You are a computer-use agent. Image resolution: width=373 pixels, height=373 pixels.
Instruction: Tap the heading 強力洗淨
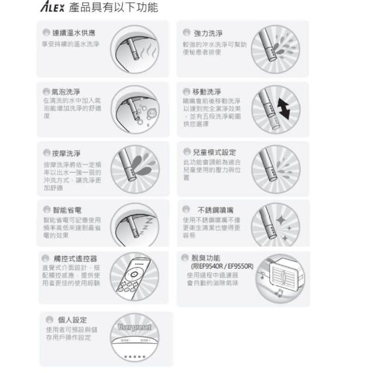coord(208,33)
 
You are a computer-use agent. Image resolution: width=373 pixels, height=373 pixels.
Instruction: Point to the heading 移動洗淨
coord(207,92)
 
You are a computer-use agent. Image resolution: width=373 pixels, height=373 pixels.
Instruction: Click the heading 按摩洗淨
coord(66,153)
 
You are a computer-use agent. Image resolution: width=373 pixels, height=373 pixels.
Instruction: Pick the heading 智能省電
coord(66,209)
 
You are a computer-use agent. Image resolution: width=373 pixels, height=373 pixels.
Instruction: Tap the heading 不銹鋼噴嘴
coord(216,209)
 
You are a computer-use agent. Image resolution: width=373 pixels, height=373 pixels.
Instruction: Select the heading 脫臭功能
coord(206,258)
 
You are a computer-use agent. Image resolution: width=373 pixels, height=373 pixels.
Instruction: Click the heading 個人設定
coord(72,319)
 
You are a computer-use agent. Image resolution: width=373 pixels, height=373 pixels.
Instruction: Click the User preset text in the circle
coord(135,327)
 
